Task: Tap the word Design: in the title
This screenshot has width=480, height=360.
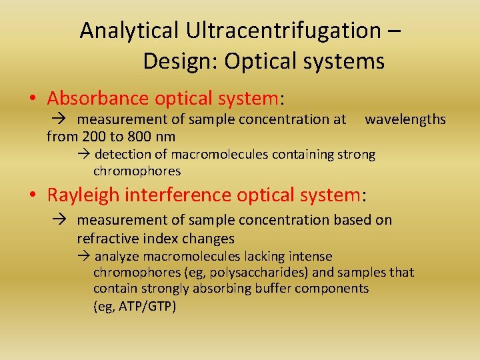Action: pyautogui.click(x=181, y=61)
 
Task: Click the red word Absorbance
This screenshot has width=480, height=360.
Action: pyautogui.click(x=98, y=99)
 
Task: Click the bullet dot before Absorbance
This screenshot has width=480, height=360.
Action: pyautogui.click(x=33, y=99)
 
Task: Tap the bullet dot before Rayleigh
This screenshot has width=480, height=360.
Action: pyautogui.click(x=33, y=196)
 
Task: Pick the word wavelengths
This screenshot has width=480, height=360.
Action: pyautogui.click(x=405, y=120)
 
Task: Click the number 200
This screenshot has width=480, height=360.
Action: pyautogui.click(x=95, y=137)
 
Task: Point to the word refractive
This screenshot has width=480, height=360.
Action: pyautogui.click(x=107, y=239)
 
